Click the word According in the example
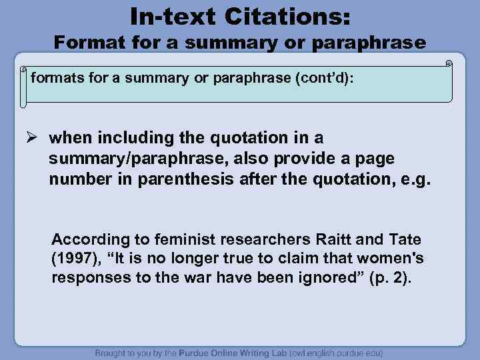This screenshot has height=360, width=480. (x=85, y=239)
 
